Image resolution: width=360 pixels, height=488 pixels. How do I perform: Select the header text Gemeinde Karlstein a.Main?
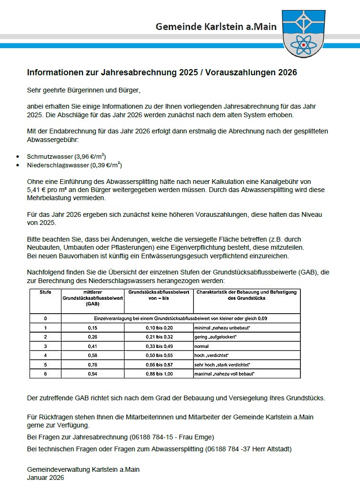coord(216,27)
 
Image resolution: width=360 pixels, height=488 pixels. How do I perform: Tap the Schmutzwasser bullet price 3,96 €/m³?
coord(91,156)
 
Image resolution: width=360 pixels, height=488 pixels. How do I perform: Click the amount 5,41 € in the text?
coord(38,189)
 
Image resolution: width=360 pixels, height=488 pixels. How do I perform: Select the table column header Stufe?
coord(45,292)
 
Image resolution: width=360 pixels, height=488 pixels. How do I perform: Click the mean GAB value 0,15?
coord(93,328)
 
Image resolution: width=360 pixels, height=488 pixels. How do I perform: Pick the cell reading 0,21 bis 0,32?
coord(159,337)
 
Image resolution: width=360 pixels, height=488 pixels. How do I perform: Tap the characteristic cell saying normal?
coord(202,346)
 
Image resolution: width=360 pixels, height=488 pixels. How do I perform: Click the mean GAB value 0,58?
coord(93,356)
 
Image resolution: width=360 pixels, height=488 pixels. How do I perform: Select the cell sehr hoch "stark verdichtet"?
coord(223,365)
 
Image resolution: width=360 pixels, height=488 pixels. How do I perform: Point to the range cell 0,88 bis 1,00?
coord(159,374)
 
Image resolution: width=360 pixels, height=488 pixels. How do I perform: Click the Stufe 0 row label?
coord(45,318)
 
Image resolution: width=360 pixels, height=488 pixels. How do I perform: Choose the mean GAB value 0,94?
coord(93,374)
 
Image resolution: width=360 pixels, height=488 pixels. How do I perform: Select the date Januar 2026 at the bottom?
coord(46,478)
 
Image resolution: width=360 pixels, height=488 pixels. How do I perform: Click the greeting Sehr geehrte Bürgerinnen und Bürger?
coord(84,90)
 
